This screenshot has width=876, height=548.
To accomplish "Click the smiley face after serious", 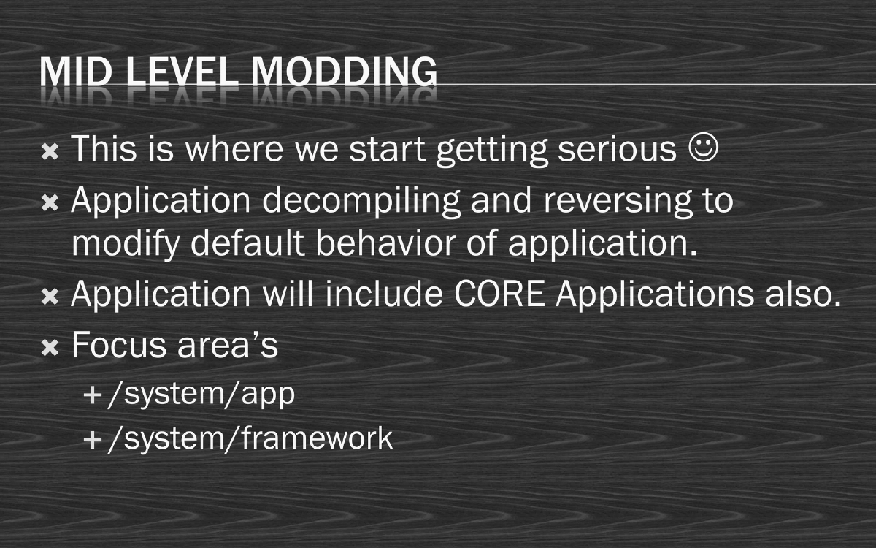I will tap(703, 148).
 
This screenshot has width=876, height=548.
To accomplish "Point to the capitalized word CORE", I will tap(496, 294).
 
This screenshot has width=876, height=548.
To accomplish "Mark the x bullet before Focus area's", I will tap(50, 348).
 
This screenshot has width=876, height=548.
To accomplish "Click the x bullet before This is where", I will tap(50, 152).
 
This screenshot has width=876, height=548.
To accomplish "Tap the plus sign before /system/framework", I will tap(93, 440).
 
